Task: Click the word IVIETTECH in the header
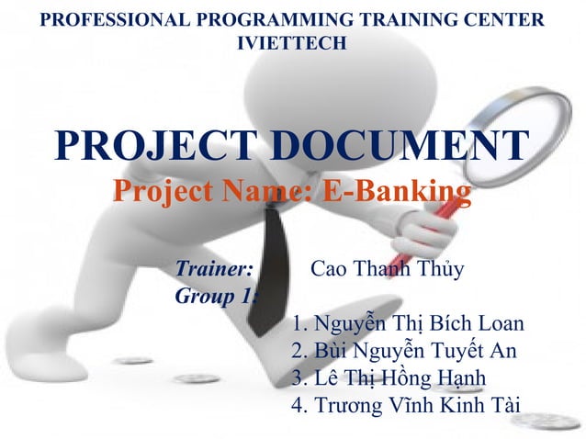pos(292,42)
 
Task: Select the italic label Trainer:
pos(214,270)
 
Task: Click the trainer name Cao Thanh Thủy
pos(388,270)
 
